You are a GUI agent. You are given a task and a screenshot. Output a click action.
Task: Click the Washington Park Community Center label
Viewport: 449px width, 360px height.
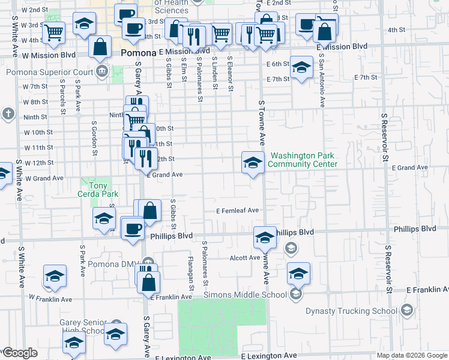(303, 160)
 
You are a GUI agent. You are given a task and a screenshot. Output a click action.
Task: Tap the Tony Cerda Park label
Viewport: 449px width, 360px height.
(94, 190)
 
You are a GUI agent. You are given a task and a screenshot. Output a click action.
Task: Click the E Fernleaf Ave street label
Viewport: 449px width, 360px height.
(238, 211)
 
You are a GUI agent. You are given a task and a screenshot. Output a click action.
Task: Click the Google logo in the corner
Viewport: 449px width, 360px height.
(20, 353)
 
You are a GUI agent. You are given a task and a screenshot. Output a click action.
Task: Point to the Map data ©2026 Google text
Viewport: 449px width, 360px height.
(412, 355)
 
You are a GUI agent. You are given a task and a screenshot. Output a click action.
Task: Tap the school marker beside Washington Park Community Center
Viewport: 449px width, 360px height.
(253, 162)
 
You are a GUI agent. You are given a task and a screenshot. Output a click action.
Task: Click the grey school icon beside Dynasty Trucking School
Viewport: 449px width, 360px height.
(408, 310)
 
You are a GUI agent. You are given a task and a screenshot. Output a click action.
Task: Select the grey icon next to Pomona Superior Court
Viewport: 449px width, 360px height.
(101, 72)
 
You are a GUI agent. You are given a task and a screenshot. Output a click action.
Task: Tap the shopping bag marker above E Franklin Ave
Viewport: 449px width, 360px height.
(149, 281)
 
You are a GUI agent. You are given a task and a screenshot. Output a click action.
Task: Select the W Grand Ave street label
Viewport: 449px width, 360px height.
(43, 178)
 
